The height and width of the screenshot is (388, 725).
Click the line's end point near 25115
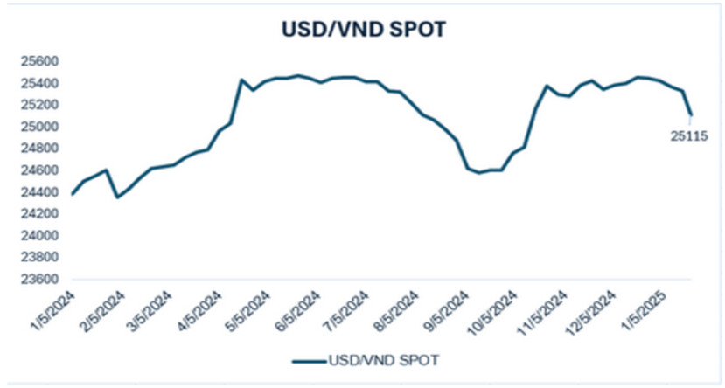click(x=691, y=114)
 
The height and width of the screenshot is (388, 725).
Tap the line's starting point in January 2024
click(x=72, y=194)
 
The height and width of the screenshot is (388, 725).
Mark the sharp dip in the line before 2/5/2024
click(x=117, y=197)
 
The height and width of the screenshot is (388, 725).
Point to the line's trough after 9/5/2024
click(x=478, y=173)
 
